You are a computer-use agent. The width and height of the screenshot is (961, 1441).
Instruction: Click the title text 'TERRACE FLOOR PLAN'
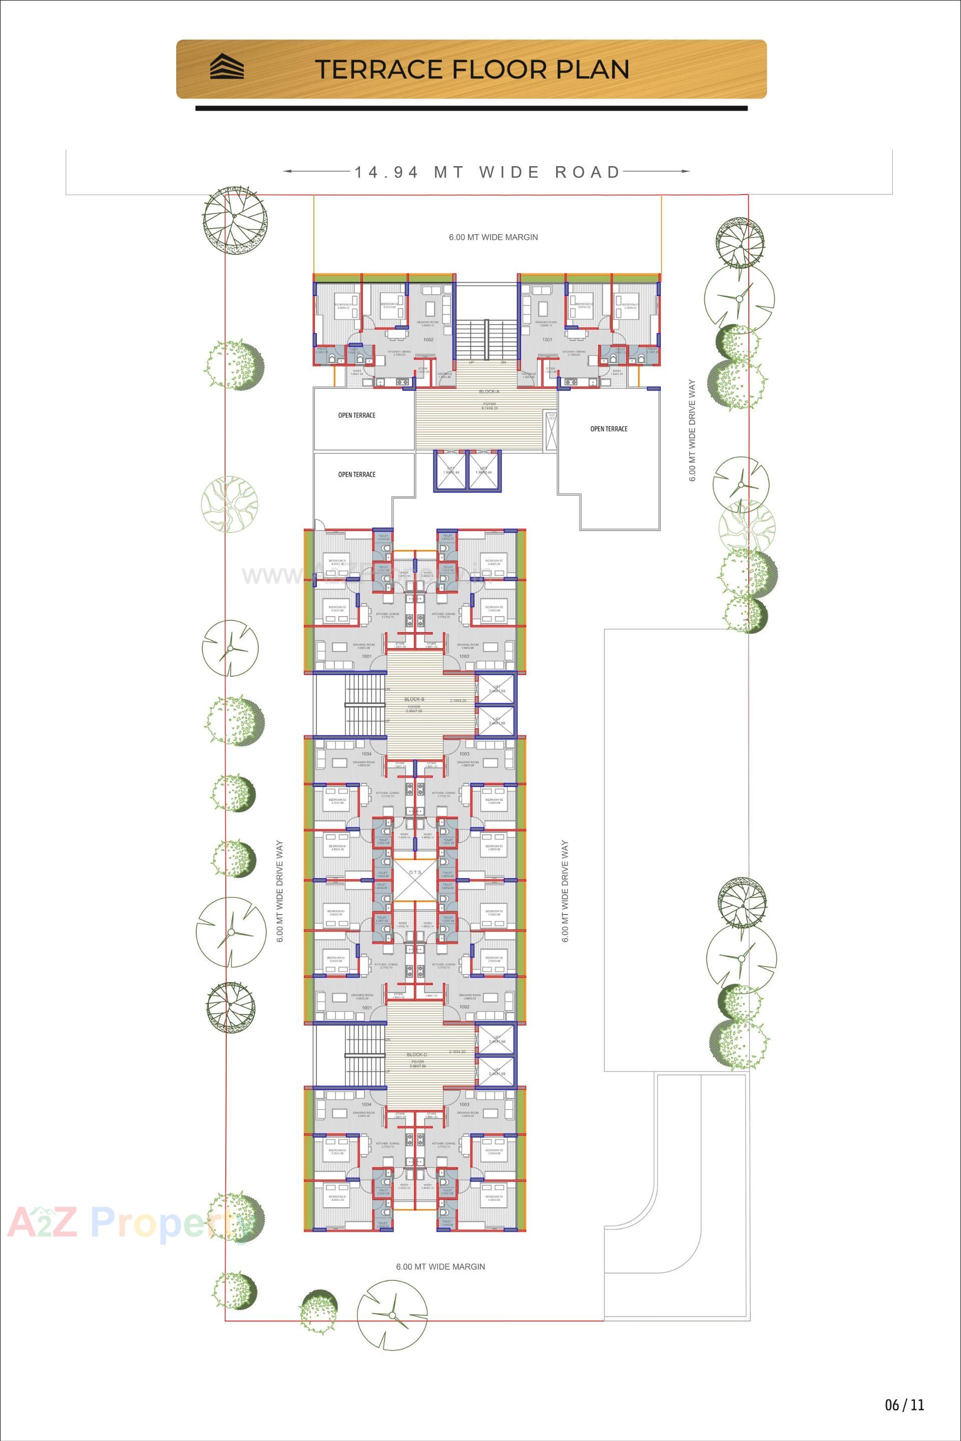pyautogui.click(x=472, y=69)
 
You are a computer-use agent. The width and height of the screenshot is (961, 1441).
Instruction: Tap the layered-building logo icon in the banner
pyautogui.click(x=227, y=67)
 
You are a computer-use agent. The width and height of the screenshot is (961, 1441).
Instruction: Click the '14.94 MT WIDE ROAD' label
pyautogui.click(x=487, y=172)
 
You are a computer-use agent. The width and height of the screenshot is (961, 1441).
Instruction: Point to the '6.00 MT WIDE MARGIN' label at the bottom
pyautogui.click(x=440, y=1266)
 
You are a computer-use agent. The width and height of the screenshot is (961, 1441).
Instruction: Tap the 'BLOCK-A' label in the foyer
pyautogui.click(x=489, y=391)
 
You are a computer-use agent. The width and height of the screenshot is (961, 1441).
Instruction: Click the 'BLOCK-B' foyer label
pyautogui.click(x=414, y=699)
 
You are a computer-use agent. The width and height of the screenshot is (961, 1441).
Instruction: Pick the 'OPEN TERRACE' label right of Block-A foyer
pyautogui.click(x=609, y=429)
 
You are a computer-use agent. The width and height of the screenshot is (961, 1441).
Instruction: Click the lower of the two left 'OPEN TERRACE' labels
pyautogui.click(x=357, y=474)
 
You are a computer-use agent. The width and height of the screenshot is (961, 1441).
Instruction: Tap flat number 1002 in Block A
pyautogui.click(x=428, y=339)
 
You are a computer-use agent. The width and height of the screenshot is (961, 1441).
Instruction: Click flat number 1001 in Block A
pyautogui.click(x=547, y=339)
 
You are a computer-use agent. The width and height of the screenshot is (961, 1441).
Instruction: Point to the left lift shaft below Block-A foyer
pyautogui.click(x=449, y=470)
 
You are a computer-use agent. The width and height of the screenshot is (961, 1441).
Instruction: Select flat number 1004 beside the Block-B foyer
pyautogui.click(x=366, y=753)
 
